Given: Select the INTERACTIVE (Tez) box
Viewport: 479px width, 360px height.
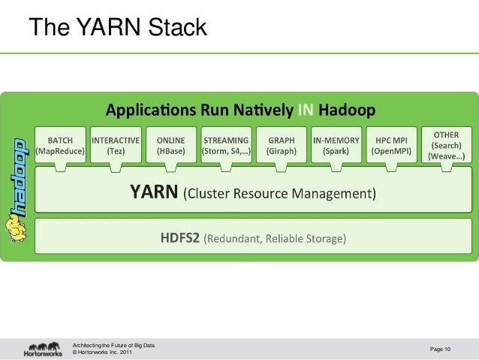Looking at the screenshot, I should click(x=116, y=145).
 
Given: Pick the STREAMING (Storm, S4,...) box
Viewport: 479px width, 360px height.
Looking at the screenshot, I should click(x=226, y=145).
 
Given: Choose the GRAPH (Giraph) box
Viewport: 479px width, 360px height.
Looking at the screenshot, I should click(x=282, y=145).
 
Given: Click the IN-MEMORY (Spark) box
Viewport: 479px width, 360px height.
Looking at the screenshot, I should click(x=336, y=145).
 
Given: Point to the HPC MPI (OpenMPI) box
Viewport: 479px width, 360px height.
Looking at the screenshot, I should click(x=391, y=145).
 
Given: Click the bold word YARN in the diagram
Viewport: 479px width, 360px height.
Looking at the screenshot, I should click(x=155, y=194).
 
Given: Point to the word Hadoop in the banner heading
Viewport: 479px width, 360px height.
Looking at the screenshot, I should click(x=348, y=111).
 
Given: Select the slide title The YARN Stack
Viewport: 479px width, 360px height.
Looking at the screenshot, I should click(x=117, y=29).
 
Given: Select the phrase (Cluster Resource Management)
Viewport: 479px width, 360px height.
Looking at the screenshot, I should click(x=279, y=195).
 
